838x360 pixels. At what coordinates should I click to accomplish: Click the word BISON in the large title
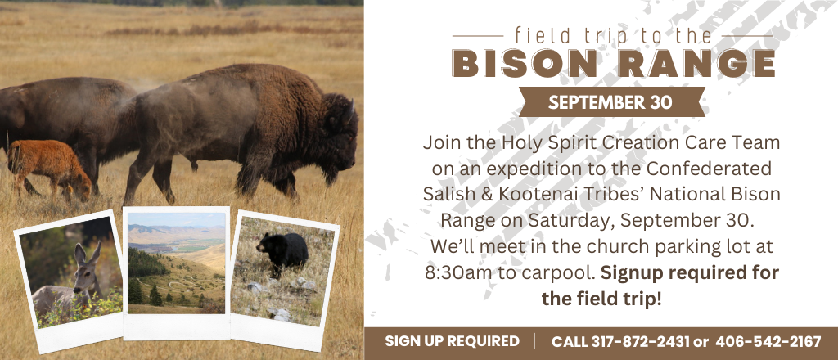click(525, 64)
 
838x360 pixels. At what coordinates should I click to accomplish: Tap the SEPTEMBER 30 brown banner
click(610, 102)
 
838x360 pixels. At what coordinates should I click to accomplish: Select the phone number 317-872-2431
click(640, 341)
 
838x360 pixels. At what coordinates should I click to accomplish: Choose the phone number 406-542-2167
click(768, 341)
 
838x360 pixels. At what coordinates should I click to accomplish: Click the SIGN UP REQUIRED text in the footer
click(452, 341)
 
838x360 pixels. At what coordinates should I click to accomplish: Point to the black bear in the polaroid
click(282, 251)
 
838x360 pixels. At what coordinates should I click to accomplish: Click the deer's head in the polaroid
click(87, 265)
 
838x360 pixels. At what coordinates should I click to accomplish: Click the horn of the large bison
click(351, 111)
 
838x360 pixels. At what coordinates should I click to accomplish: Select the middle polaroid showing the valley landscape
click(177, 272)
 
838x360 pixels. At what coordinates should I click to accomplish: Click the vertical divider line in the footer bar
click(535, 341)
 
